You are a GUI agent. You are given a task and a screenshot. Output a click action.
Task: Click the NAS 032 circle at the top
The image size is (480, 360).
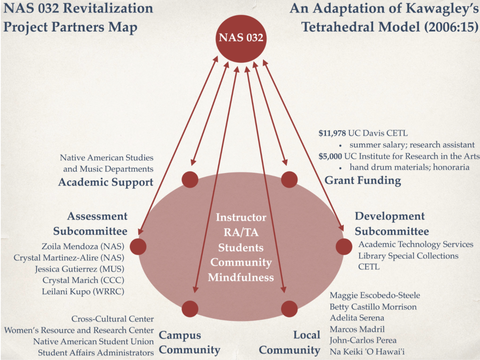coord(241,38)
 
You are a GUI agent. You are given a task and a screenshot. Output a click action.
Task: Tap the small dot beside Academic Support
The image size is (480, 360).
coord(190,179)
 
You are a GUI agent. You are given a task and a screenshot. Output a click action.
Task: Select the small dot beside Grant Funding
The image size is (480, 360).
coord(290,179)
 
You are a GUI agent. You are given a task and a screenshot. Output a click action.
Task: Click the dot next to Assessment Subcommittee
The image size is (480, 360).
coord(138,246)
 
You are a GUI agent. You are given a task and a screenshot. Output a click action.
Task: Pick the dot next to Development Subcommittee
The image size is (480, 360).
coord(344,246)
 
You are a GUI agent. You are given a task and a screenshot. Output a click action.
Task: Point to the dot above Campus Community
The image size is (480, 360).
coord(190,309)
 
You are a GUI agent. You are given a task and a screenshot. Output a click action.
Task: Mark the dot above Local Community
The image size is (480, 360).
coord(290,309)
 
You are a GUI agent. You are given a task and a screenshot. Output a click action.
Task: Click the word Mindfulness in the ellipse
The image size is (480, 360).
coord(241,277)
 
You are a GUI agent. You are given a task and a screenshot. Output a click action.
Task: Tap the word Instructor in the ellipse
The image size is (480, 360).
coord(241,217)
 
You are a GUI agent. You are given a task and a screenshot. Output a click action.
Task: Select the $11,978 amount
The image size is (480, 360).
coord(333,134)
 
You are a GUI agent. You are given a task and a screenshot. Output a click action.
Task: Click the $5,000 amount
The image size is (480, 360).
coord(331,156)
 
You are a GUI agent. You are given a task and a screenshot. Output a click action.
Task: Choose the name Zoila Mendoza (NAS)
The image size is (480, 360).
coord(83,246)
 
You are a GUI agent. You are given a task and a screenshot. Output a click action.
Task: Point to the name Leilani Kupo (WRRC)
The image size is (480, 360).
coord(83,292)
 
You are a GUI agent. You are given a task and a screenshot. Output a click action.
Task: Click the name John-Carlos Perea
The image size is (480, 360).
coord(363,340)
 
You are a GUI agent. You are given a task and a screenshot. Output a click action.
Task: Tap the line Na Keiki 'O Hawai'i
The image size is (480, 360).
coord(367,351)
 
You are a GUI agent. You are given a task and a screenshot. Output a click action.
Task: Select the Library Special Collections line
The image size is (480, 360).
coord(408,256)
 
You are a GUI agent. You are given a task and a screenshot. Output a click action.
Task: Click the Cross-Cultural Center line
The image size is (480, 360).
coord(113,319)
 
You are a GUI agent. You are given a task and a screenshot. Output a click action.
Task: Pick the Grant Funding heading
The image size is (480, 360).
coord(363,180)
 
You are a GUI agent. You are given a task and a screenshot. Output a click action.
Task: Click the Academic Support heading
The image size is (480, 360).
coord(106,182)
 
